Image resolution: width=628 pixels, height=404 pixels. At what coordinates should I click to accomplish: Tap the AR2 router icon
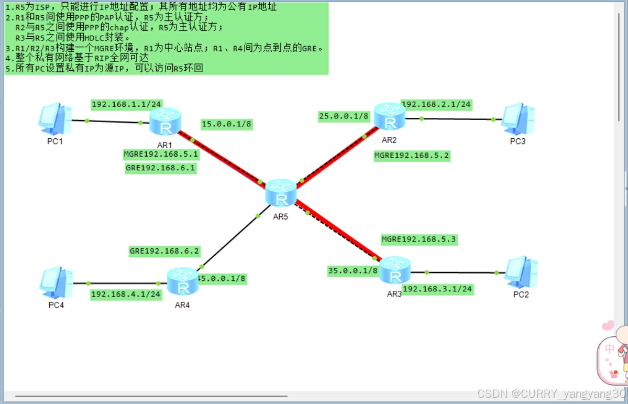[390, 116]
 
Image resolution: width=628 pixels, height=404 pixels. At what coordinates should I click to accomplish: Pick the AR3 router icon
[394, 270]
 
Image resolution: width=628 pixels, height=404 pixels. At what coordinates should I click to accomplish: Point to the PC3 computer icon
[517, 119]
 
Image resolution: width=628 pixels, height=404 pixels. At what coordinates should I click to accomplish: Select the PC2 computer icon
[520, 272]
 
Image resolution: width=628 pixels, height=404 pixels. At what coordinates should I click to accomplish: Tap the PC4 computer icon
[56, 283]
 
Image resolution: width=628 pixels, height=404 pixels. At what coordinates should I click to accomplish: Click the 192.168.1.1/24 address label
[119, 104]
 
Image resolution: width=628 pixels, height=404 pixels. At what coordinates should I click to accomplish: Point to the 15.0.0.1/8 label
[226, 125]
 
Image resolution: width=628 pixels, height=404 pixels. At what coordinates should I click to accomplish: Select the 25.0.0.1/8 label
[344, 116]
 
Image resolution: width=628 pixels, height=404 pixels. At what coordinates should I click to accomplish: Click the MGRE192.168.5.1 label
[161, 154]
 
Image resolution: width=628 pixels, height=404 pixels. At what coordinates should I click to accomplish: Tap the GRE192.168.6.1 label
[161, 168]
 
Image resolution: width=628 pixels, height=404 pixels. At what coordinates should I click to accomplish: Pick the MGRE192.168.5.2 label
[412, 155]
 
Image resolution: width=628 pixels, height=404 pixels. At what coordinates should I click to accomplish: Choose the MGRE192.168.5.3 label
[418, 239]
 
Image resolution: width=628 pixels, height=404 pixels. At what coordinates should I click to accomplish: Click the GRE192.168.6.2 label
[164, 251]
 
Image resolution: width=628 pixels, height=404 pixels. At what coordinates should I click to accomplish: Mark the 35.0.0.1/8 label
[352, 270]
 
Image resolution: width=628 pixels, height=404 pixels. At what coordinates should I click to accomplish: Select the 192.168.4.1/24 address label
[126, 294]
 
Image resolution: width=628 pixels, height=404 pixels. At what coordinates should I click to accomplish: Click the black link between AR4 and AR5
[230, 241]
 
